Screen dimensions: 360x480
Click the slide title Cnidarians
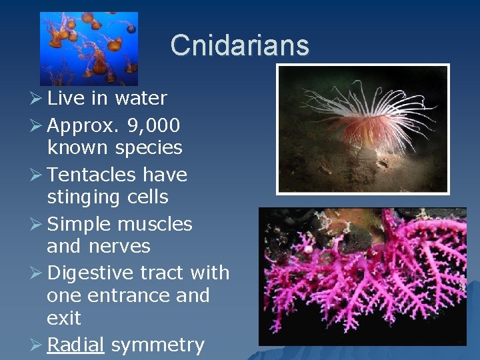(240, 45)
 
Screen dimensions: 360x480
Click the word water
(141, 99)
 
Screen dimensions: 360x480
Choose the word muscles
(156, 224)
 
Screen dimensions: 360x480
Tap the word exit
(64, 318)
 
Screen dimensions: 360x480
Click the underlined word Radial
(76, 345)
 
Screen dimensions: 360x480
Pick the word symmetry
(157, 345)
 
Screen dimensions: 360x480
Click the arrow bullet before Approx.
(37, 125)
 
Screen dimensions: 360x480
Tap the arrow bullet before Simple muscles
(37, 224)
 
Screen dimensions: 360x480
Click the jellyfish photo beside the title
(89, 48)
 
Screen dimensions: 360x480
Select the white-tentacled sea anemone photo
(363, 129)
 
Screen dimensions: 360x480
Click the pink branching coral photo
(363, 276)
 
